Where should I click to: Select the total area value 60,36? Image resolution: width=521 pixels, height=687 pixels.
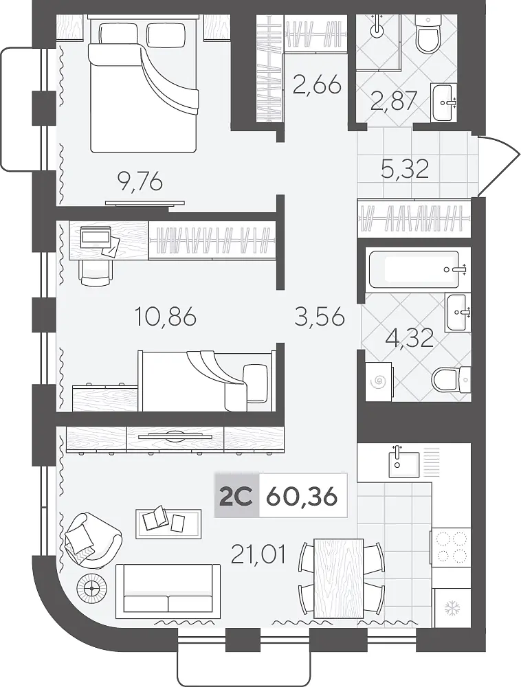click(302, 497)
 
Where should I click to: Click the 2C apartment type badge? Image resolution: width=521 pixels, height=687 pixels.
click(236, 496)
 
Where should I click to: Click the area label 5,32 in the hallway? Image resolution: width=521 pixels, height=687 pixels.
click(404, 169)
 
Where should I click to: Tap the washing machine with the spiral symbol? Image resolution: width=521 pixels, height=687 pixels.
click(379, 381)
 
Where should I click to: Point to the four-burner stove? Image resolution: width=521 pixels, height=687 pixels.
click(451, 546)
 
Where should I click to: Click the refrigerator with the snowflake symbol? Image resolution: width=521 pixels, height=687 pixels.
click(452, 608)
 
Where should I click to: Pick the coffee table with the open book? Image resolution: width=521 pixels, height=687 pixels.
click(168, 523)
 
